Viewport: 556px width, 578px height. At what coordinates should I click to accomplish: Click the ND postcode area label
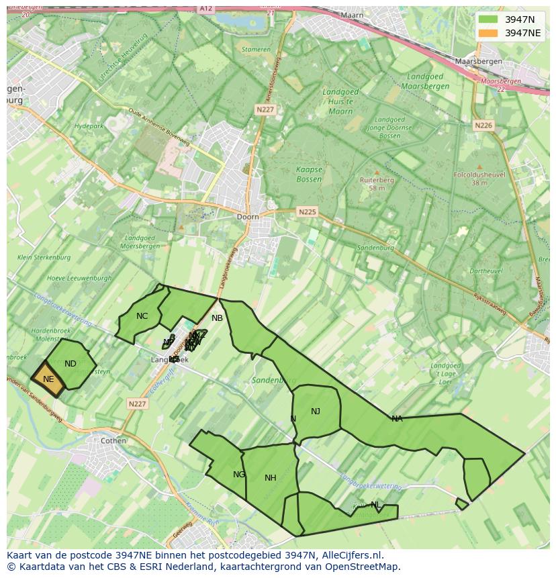[71, 364]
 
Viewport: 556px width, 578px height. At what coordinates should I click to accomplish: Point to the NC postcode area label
[142, 316]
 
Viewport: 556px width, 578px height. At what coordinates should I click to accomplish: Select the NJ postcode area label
[316, 412]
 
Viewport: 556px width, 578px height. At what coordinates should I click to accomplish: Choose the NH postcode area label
[271, 478]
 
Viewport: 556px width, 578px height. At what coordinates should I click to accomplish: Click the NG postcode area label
[239, 475]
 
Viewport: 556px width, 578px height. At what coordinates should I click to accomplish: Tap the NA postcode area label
[397, 419]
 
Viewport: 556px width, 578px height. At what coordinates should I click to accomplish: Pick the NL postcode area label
[375, 505]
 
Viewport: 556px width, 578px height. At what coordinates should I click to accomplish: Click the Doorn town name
[248, 217]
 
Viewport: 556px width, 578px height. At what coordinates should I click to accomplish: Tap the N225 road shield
[307, 212]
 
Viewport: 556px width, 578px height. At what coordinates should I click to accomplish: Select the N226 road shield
[483, 126]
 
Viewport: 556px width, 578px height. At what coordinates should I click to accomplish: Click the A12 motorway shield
[206, 9]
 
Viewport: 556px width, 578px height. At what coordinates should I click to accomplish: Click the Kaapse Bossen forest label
[309, 175]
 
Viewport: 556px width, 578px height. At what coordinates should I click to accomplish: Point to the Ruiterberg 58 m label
[377, 184]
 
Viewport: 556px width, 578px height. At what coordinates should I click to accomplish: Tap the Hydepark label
[89, 126]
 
